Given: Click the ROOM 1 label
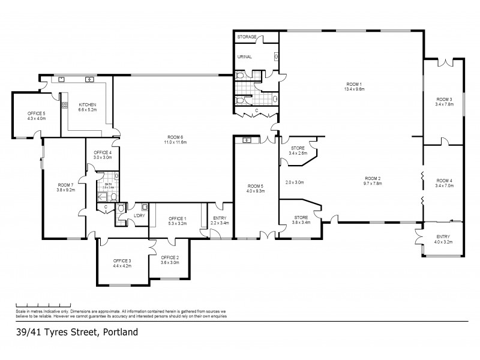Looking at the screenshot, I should coord(354,83).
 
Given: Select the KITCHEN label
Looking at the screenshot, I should coord(88,104).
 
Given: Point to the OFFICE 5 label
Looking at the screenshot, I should coord(36,113).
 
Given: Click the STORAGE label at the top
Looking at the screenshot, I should coord(247,37).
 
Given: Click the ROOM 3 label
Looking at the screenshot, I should coord(444,99).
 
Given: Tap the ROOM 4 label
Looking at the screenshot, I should coord(444,181).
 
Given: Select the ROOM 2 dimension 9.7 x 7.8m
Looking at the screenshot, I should coord(373,183).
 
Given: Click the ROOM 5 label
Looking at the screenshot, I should coord(255,188).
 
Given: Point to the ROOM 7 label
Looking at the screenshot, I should coord(65,185).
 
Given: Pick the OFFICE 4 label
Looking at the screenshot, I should coord(103,152).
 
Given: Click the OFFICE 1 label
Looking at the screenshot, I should coord(178,218).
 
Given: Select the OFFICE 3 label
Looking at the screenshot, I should coord(122,260).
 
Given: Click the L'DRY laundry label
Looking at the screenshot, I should coord(139,216).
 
